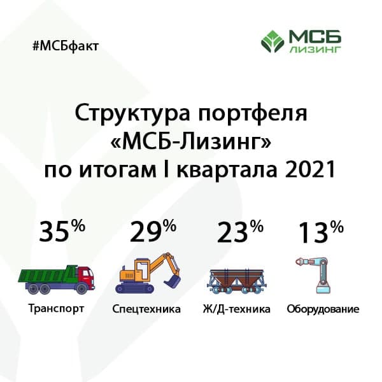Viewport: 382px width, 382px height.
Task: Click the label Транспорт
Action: click(x=57, y=309)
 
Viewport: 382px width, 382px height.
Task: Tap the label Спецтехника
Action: click(x=146, y=310)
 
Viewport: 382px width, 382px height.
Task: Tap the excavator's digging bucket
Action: click(x=171, y=278)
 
